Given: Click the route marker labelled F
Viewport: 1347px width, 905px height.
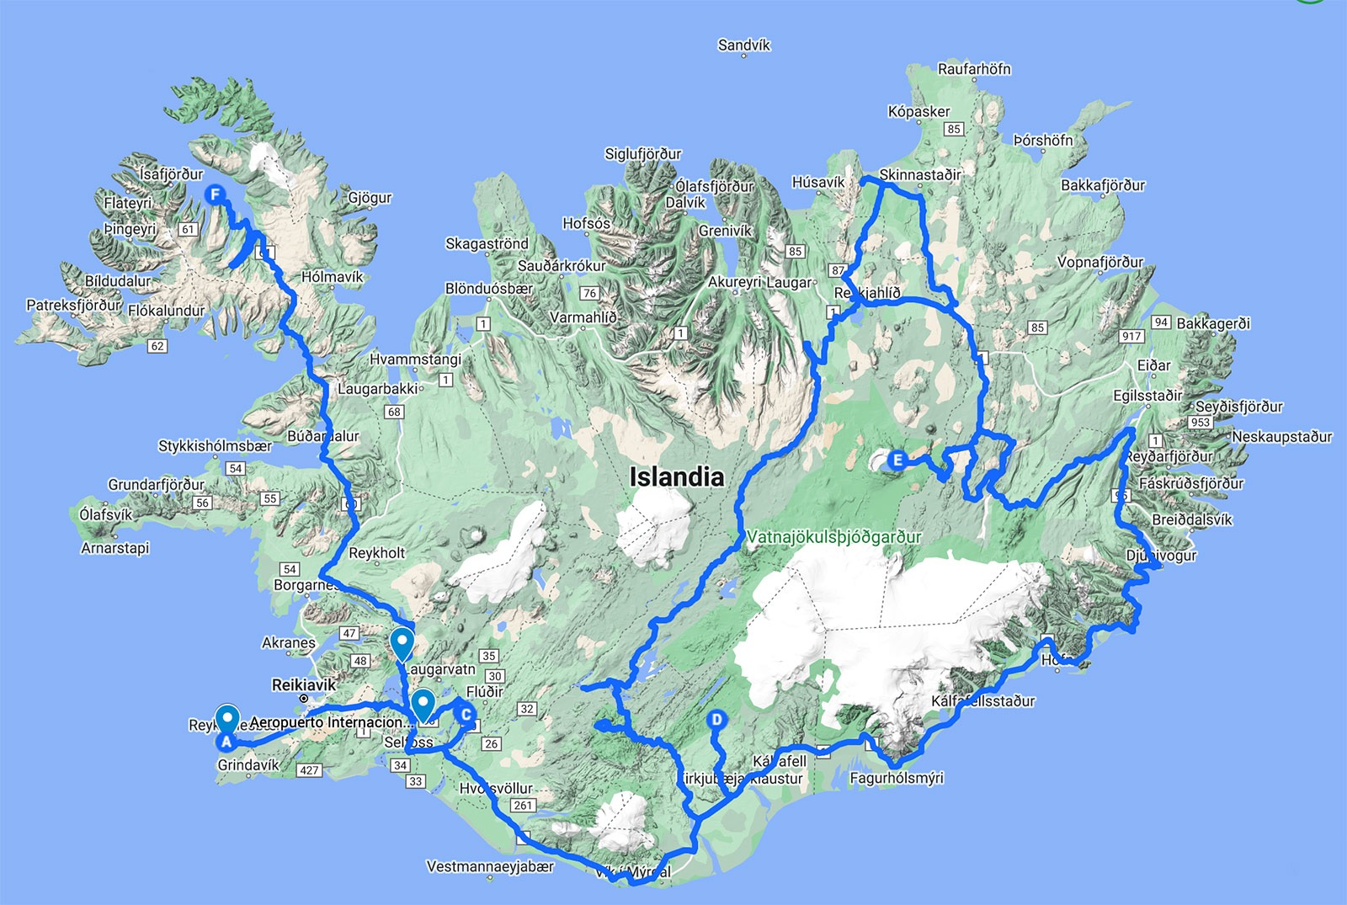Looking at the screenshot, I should click(216, 194).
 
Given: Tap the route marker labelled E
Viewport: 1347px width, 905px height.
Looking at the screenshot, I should click(897, 460).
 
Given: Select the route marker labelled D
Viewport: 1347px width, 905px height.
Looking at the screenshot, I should click(716, 720).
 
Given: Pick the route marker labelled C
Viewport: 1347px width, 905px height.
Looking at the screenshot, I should click(465, 716).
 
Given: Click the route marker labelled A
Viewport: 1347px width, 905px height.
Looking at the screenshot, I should click(226, 742).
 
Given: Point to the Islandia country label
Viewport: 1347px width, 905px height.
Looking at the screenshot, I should click(676, 477).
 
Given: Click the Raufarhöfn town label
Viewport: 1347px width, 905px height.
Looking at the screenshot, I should click(974, 69).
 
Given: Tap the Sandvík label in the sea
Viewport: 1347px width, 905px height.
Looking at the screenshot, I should click(744, 45).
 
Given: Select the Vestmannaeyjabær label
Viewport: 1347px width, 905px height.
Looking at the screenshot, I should click(490, 866).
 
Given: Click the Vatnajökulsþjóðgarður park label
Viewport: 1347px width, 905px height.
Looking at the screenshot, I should click(833, 537).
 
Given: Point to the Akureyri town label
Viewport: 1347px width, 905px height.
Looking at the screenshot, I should click(735, 282).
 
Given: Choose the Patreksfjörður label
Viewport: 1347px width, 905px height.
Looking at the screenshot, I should click(74, 305).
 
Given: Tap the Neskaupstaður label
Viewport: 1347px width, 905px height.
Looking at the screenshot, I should click(1282, 437).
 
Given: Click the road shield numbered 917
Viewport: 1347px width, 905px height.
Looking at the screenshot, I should click(1131, 336).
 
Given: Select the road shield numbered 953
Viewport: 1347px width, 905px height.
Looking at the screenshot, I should click(1201, 422).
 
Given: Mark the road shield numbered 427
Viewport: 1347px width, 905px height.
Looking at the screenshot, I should click(309, 769).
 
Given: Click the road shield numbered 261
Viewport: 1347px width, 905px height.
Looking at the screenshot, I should click(523, 806).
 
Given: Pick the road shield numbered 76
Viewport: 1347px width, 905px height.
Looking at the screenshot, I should click(589, 293).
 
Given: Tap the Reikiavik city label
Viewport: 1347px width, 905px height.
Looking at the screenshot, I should click(304, 685).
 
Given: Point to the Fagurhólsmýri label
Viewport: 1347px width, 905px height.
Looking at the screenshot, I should click(897, 778).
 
